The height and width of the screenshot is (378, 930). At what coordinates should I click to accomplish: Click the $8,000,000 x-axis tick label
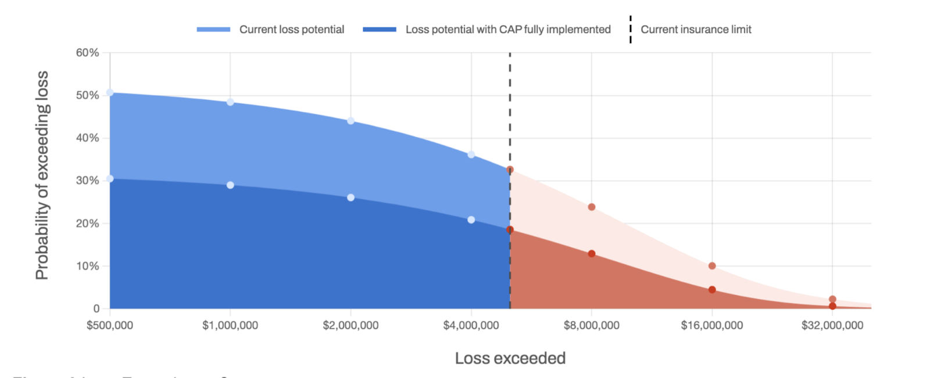(591, 326)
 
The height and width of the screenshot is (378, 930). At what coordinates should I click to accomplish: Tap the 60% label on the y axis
(87, 53)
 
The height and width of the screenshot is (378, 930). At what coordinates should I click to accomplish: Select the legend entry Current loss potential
(291, 30)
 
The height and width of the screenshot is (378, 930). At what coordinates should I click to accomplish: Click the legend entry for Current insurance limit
(695, 30)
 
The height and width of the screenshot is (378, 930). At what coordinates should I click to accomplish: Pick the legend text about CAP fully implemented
(507, 30)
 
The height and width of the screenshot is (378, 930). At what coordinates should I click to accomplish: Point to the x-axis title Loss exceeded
(510, 358)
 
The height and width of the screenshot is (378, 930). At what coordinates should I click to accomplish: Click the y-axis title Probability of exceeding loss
(42, 175)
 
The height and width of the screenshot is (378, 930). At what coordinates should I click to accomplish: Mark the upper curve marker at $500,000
(110, 93)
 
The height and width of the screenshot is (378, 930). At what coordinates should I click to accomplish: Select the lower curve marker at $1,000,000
(230, 185)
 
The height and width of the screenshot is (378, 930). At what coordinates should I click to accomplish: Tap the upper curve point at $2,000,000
(350, 121)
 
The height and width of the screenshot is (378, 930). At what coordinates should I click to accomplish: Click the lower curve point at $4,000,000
(471, 219)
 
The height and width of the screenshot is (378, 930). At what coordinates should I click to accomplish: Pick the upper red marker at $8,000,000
(591, 207)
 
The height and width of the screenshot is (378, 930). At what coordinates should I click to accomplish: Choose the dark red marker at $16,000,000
(712, 290)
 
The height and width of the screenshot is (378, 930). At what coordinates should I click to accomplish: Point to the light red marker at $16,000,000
(712, 266)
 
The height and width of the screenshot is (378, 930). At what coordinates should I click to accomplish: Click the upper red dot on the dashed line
(510, 170)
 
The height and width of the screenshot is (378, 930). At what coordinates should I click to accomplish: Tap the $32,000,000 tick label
(832, 326)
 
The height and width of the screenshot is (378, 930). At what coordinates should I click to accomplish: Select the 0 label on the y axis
(96, 309)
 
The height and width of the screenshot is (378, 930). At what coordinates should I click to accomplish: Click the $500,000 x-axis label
(110, 326)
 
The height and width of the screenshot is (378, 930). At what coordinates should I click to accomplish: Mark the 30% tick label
(87, 181)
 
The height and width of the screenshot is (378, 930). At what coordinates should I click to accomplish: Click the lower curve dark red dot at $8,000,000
(591, 254)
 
